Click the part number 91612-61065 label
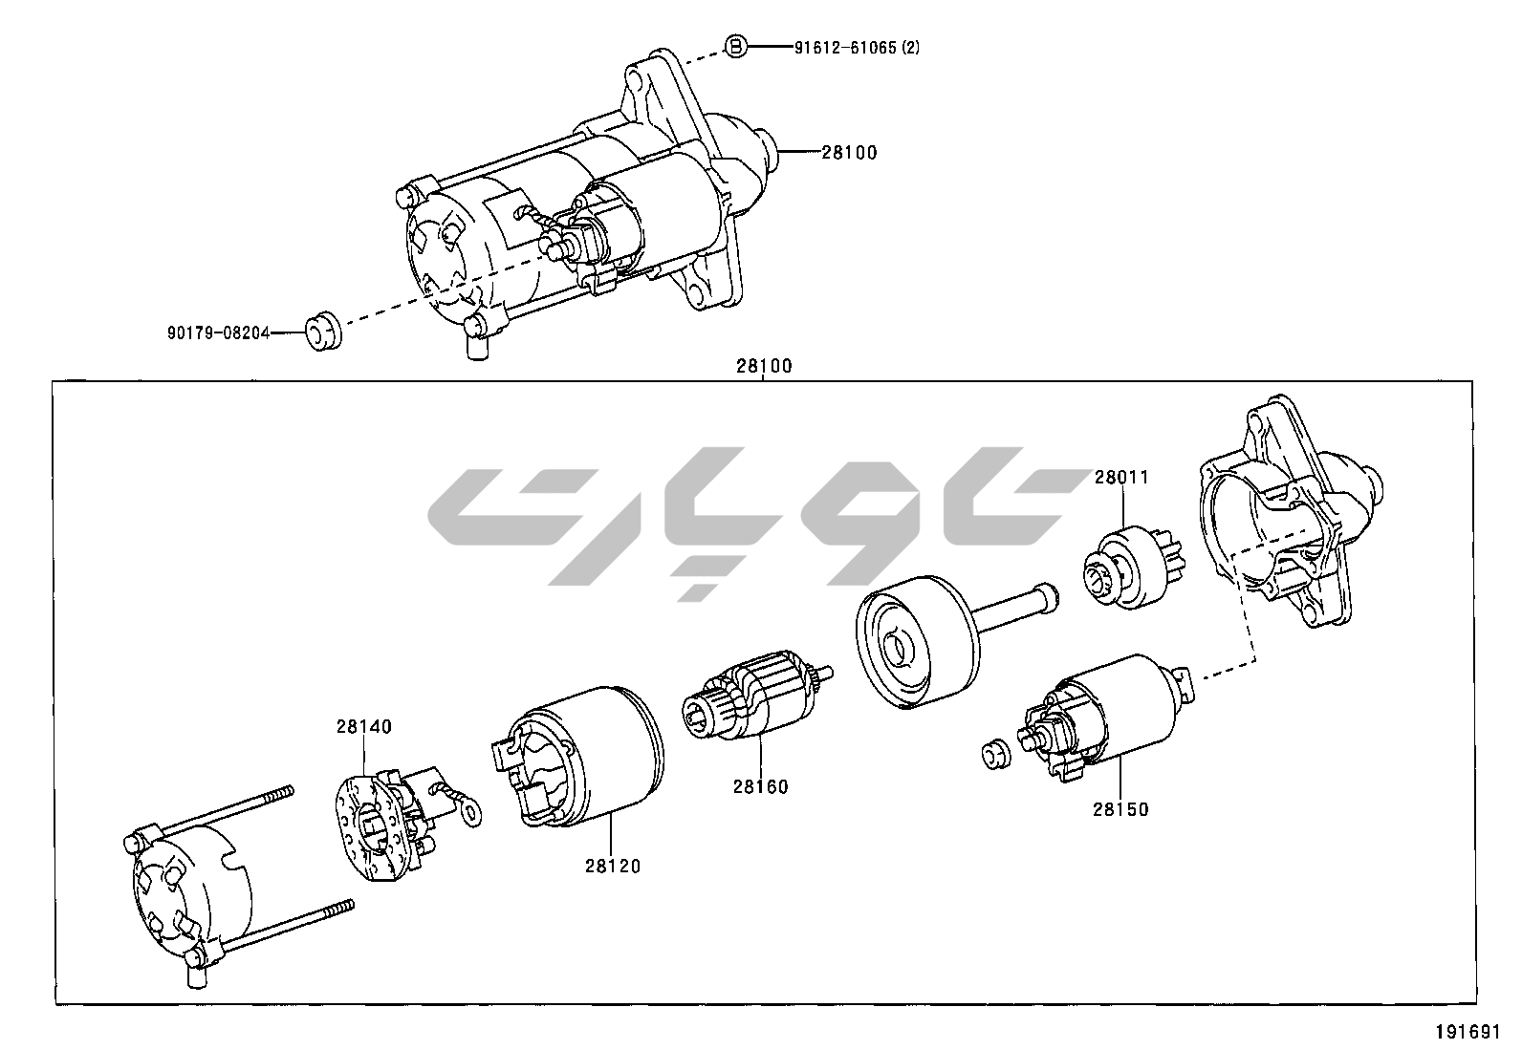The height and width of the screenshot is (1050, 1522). [x=856, y=47]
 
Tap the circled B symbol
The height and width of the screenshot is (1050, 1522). [x=734, y=47]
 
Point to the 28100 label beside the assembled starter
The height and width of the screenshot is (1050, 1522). [x=849, y=152]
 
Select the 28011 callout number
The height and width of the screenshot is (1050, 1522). [x=1121, y=477]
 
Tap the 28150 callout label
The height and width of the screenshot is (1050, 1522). [x=1121, y=809]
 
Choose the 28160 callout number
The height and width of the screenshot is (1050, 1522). [x=761, y=786]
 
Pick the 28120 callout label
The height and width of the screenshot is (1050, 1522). [x=613, y=867]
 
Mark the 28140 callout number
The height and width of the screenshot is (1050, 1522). [x=363, y=726]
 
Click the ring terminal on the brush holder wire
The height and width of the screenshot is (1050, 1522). [x=469, y=812]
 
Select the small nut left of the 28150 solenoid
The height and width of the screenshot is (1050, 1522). [x=994, y=755]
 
